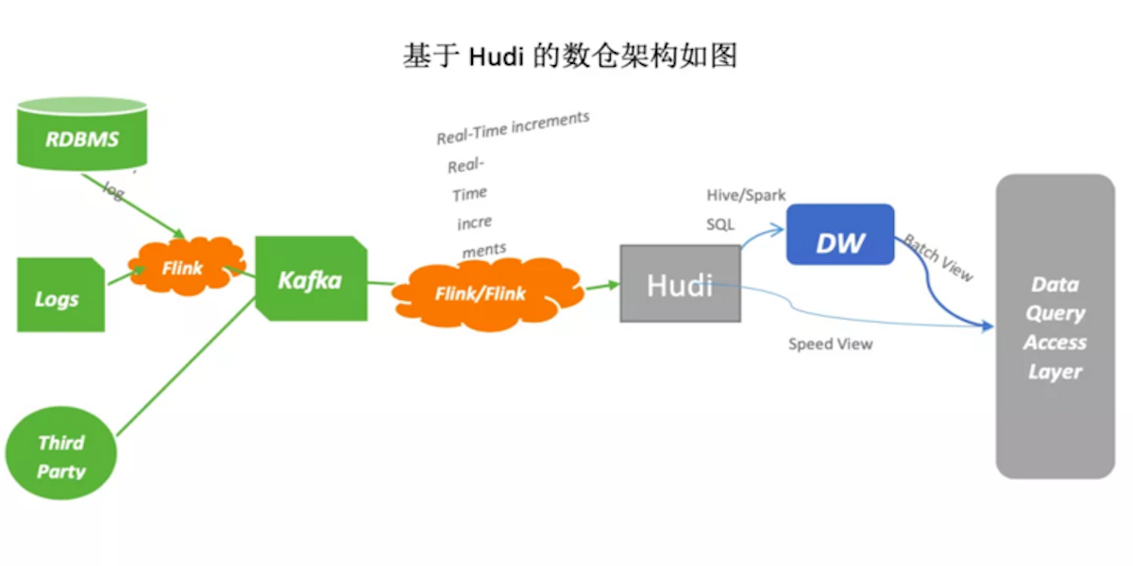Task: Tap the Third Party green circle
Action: tap(61, 456)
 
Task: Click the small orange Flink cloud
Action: tap(183, 268)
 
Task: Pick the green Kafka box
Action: tap(311, 280)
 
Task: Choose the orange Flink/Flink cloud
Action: tap(481, 292)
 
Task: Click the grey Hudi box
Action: tap(679, 284)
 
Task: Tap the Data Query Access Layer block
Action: tap(1055, 326)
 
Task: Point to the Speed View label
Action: tap(830, 344)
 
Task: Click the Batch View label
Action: tap(938, 256)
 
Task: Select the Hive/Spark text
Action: tap(746, 195)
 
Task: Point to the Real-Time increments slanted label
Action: tap(512, 128)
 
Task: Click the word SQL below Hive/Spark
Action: tap(720, 225)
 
